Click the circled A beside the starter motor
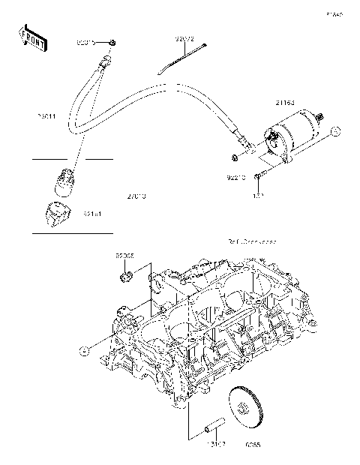tap(334, 132)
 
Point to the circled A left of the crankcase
tap(83, 349)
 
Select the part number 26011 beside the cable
tap(47, 116)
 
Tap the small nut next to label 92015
tap(111, 43)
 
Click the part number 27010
tap(136, 196)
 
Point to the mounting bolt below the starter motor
tap(257, 175)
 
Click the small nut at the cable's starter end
tap(235, 158)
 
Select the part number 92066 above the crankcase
tap(124, 256)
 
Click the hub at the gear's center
tap(245, 407)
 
